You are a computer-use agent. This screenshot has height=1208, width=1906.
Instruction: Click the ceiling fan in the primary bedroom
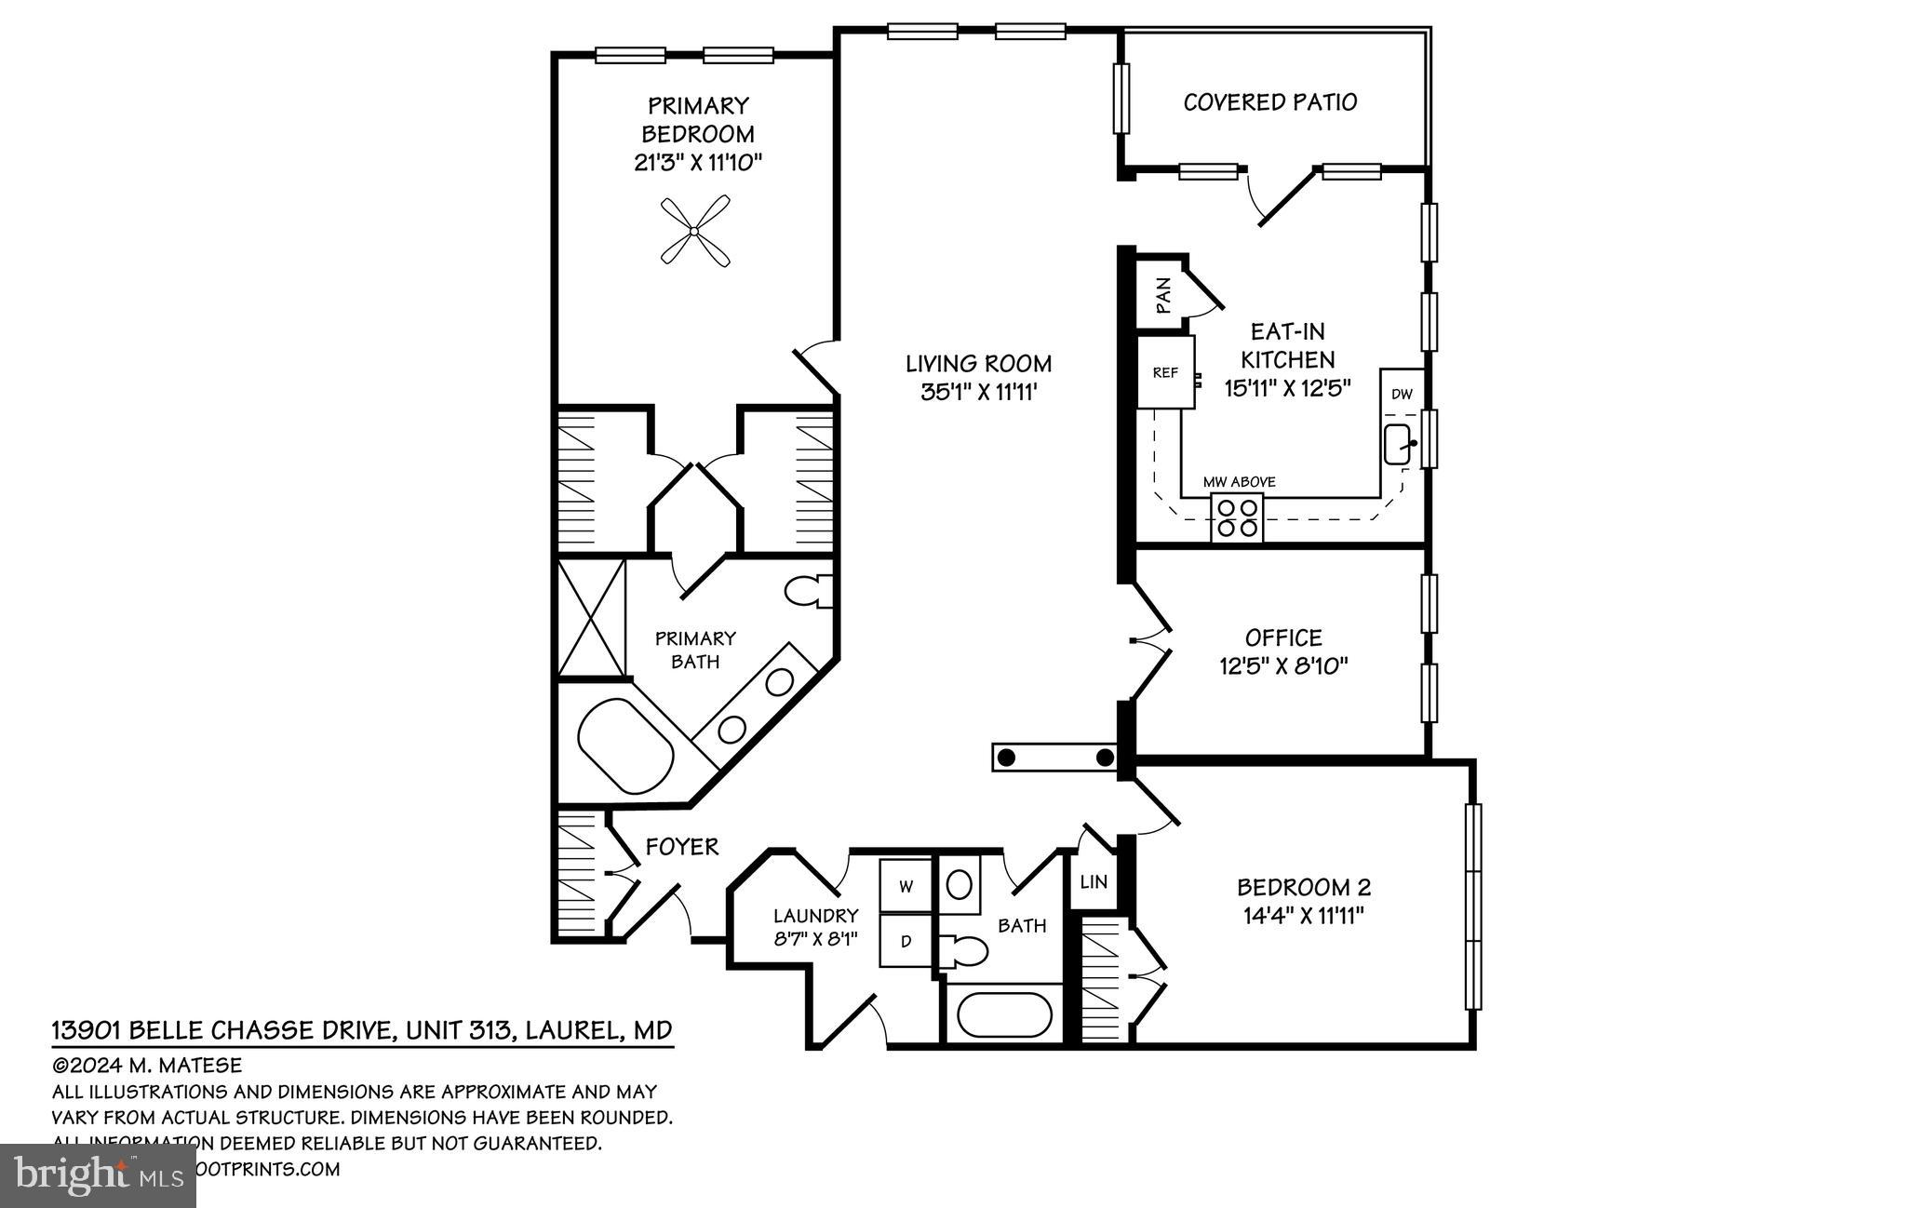(x=694, y=230)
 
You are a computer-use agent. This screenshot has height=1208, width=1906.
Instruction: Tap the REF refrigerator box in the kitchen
(x=1165, y=372)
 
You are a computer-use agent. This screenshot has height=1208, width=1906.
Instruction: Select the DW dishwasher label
(x=1402, y=395)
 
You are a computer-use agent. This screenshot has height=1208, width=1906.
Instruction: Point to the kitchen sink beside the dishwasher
(x=1399, y=444)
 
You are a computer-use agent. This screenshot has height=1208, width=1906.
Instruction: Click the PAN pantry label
(x=1162, y=297)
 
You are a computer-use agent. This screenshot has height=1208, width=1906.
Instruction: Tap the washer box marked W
(x=906, y=887)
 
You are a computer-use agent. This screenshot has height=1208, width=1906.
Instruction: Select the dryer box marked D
(x=906, y=941)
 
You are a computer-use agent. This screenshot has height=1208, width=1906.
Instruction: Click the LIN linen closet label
(x=1094, y=880)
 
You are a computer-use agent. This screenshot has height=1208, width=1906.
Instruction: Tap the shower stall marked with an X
(x=592, y=618)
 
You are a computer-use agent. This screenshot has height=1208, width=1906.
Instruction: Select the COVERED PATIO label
(x=1269, y=101)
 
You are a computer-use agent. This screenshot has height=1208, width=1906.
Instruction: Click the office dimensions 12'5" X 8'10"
(x=1283, y=665)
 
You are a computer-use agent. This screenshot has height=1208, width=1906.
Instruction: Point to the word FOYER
(x=682, y=847)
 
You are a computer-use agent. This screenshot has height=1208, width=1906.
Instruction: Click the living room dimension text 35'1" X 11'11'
(x=979, y=392)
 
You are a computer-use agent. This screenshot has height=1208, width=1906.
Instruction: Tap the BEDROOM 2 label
(x=1303, y=887)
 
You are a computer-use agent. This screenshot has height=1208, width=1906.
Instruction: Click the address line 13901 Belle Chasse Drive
(x=361, y=1030)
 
